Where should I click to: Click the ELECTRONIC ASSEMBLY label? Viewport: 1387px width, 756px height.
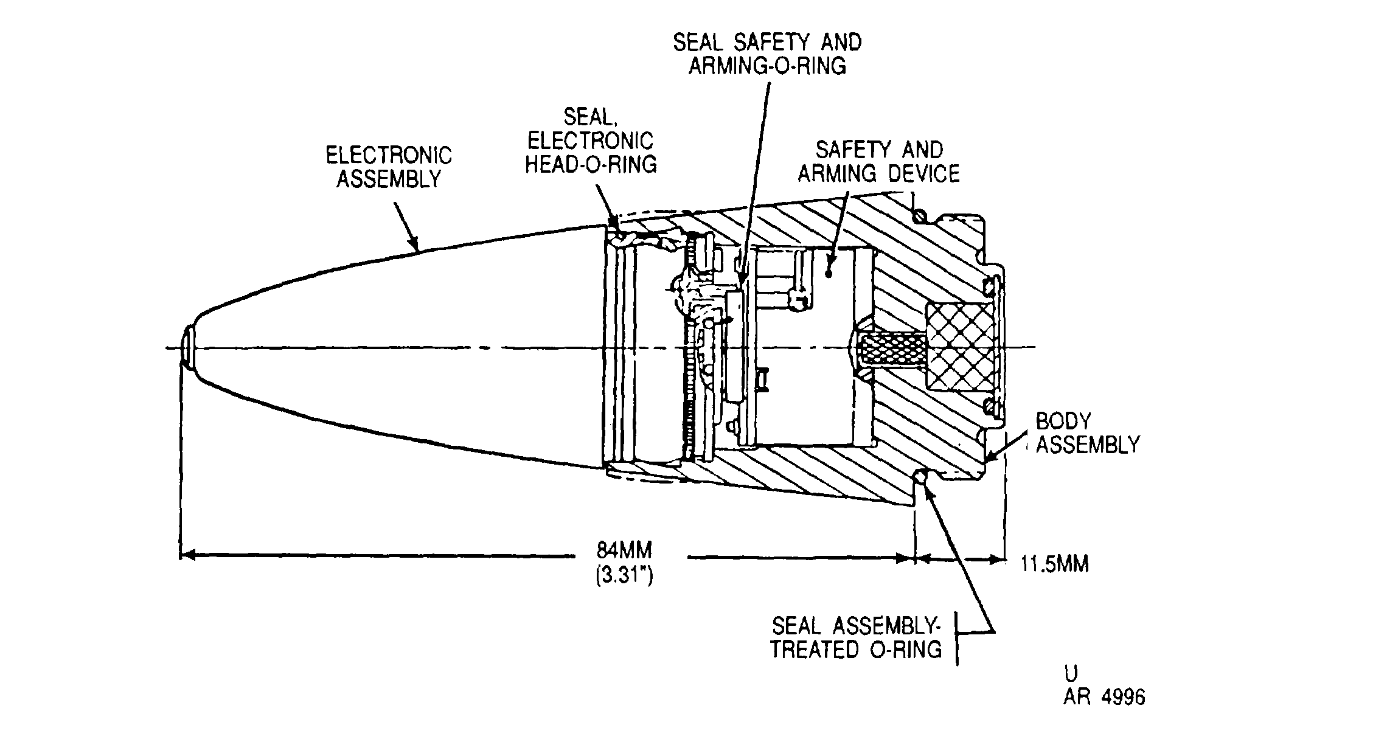click(389, 167)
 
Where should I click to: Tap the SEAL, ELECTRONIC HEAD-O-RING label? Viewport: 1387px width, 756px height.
click(591, 141)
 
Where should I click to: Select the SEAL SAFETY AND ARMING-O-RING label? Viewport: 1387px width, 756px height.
click(767, 54)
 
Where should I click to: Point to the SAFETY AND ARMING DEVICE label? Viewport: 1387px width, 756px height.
click(878, 162)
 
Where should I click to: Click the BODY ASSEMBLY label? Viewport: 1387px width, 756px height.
click(1088, 432)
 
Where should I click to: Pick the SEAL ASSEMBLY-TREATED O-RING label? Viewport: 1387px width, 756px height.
click(857, 637)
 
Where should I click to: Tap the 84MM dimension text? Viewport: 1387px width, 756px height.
click(624, 550)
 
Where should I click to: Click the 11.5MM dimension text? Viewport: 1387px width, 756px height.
click(1054, 564)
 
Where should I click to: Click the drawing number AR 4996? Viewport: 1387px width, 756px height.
click(1104, 696)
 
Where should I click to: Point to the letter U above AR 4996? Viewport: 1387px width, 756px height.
click(1071, 673)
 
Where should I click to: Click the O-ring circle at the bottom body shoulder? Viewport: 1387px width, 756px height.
click(922, 479)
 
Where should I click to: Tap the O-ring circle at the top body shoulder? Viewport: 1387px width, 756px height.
click(922, 215)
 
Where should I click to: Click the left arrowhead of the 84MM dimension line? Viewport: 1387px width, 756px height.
click(187, 555)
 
